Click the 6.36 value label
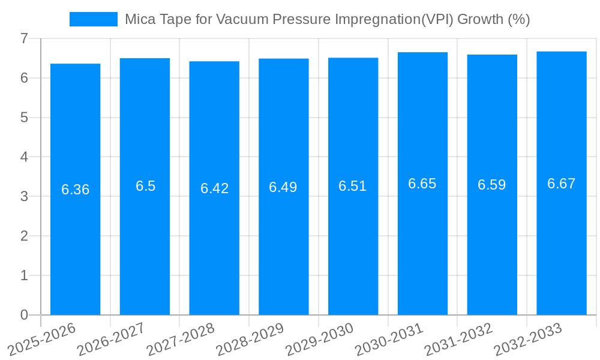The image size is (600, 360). coord(75,190)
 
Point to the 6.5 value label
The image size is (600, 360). coord(145,186)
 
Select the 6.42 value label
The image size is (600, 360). coord(214,188)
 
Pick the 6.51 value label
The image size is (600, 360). coord(353,186)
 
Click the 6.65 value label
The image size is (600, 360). coord(422,184)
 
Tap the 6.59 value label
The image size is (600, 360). coord(492,185)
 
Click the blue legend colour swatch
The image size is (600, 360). coord(93,19)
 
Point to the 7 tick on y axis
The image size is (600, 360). coord(24,38)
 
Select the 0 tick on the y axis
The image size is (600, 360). coord(24,315)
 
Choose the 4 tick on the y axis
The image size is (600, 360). coord(24,157)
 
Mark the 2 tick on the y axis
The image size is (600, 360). coord(24,236)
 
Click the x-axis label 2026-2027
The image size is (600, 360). coord(112,340)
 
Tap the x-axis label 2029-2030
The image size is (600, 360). coord(320,340)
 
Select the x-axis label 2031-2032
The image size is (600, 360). coord(459,340)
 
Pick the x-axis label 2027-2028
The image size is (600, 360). coord(181,340)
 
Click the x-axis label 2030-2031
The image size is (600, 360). coord(389,340)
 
